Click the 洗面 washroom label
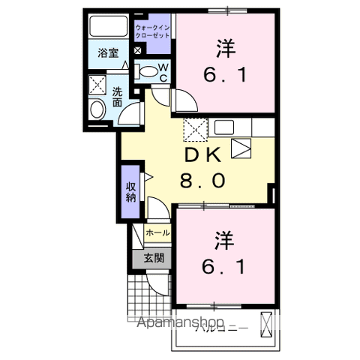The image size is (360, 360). (x=118, y=97)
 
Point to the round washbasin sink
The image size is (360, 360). (x=97, y=110)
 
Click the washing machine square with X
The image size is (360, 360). (x=97, y=83)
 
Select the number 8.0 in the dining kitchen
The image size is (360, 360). (x=201, y=181)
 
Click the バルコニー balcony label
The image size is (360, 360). (x=217, y=327)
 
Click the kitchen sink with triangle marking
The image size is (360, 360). (x=240, y=148)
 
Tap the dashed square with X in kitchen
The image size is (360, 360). (x=196, y=130)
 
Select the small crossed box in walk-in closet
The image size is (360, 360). (x=138, y=50)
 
